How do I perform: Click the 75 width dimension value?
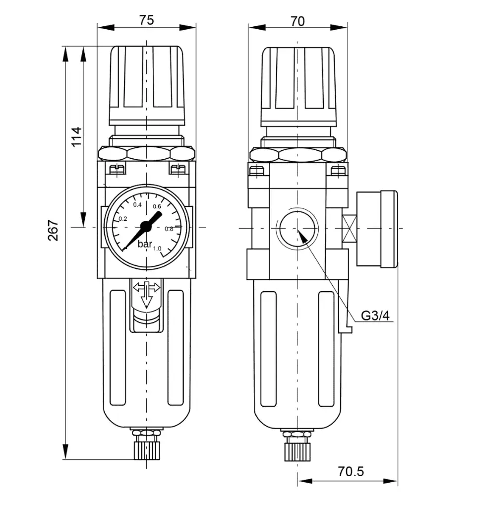pos(146,20)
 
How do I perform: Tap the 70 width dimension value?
pos(298,21)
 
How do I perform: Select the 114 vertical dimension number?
pos(76,137)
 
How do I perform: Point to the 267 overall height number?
pos(53,230)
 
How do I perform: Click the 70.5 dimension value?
pos(351,471)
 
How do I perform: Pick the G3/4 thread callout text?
pos(375,316)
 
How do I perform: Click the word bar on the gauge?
pos(145,244)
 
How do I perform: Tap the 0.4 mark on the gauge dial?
pos(137,204)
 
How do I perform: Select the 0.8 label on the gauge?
pos(169,229)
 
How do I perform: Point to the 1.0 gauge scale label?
pos(157,249)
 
